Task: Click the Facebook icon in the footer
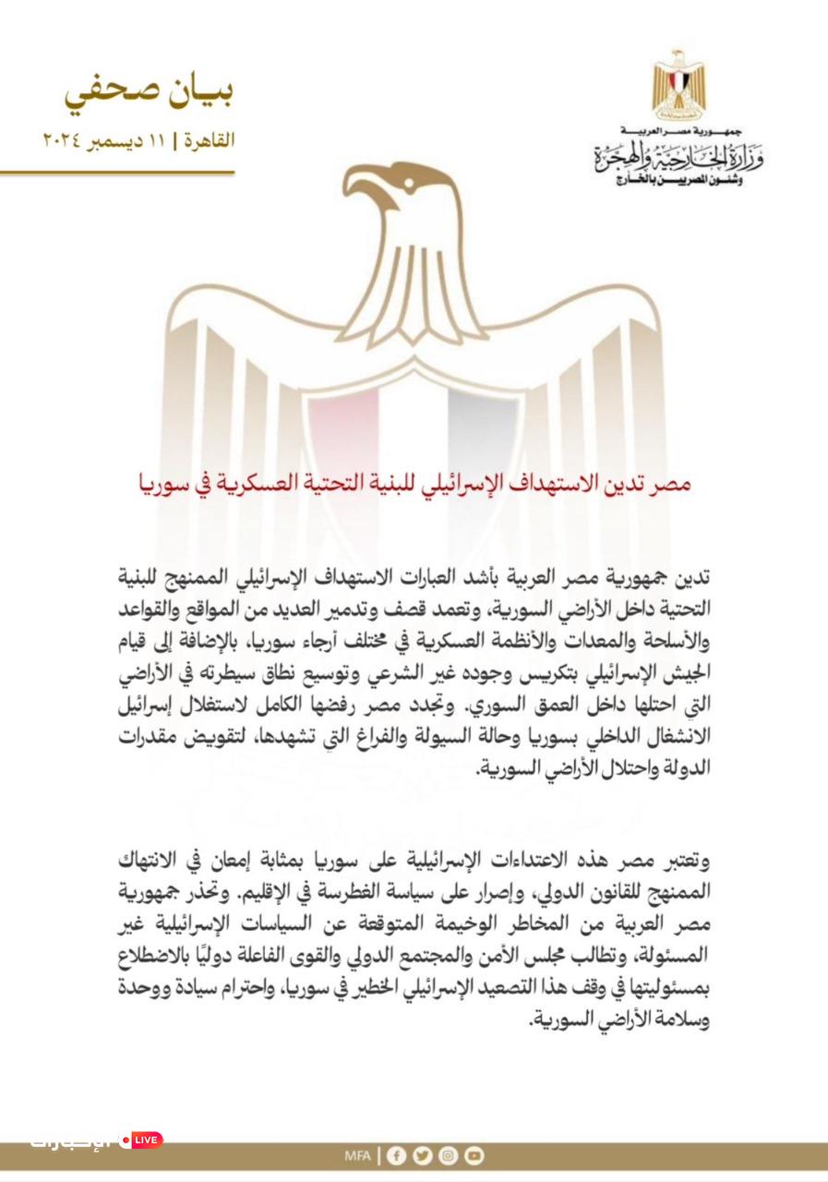(398, 1155)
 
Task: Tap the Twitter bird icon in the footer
(423, 1155)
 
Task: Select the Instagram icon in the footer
(448, 1155)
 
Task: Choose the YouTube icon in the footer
(474, 1155)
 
